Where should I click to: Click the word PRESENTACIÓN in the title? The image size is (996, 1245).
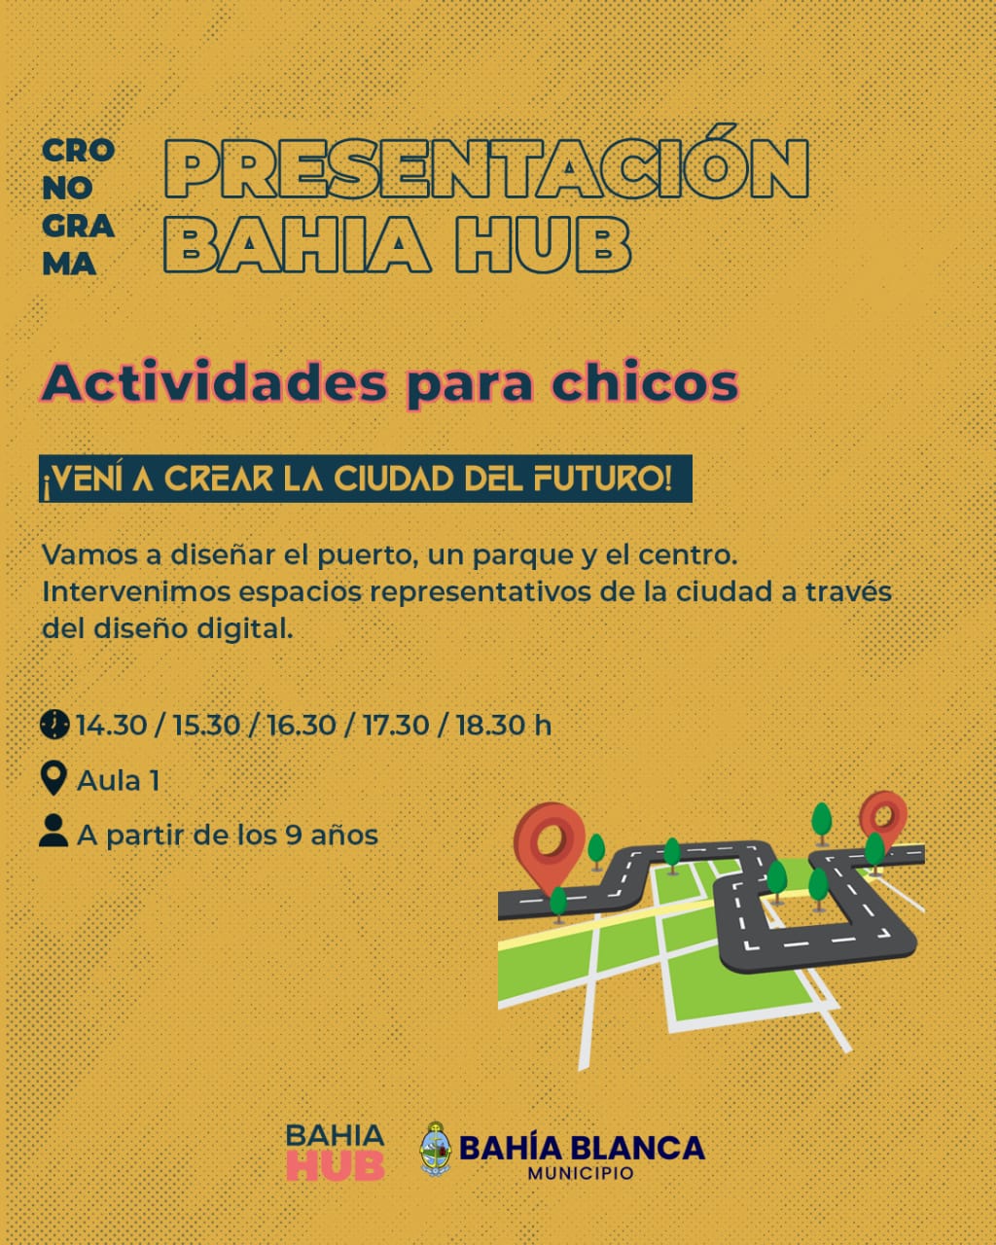(486, 162)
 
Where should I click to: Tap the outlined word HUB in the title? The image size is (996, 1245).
(543, 243)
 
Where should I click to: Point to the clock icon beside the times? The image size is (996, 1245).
(54, 725)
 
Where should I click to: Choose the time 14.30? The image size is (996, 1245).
(111, 726)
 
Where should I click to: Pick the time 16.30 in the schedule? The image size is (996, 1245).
(301, 726)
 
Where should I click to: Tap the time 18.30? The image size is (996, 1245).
(491, 726)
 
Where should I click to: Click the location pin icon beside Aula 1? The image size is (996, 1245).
(53, 778)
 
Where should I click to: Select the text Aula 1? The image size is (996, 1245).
(118, 780)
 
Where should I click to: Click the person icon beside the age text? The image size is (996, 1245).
(53, 831)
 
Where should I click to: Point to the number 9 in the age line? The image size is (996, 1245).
(293, 835)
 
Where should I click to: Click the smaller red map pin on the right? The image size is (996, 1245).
(883, 819)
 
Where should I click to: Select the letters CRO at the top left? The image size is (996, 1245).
(79, 151)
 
